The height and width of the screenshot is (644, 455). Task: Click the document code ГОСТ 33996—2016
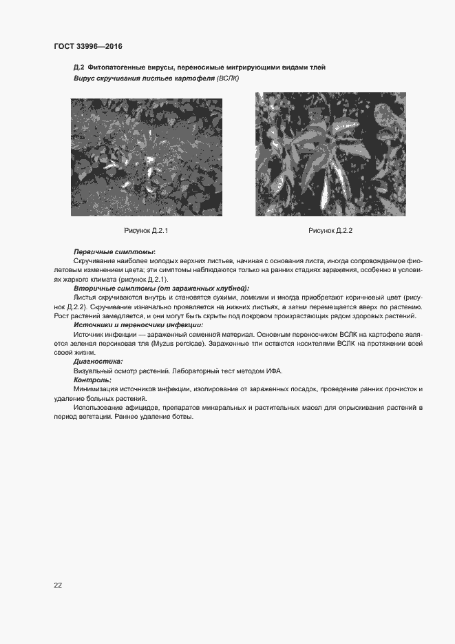point(87,46)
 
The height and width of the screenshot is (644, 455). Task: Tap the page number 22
point(58,585)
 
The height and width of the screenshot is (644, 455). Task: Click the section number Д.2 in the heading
point(78,67)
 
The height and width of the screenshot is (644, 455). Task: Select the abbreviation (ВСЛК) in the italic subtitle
point(227,79)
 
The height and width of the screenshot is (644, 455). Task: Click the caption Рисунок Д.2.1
point(146,230)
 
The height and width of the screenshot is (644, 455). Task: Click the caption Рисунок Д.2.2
point(330,230)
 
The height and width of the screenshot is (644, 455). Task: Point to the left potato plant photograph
point(146,157)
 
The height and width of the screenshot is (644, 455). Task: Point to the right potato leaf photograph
point(330,154)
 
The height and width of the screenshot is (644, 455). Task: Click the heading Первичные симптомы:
point(114,252)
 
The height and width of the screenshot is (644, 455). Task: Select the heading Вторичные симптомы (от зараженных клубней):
point(161,288)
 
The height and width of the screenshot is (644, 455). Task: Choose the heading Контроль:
point(92,380)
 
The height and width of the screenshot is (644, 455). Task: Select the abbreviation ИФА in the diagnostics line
point(274,371)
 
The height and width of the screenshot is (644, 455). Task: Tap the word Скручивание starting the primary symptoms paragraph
point(96,262)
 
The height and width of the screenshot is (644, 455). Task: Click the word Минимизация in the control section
point(96,389)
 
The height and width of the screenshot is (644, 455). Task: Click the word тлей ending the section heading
point(318,67)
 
